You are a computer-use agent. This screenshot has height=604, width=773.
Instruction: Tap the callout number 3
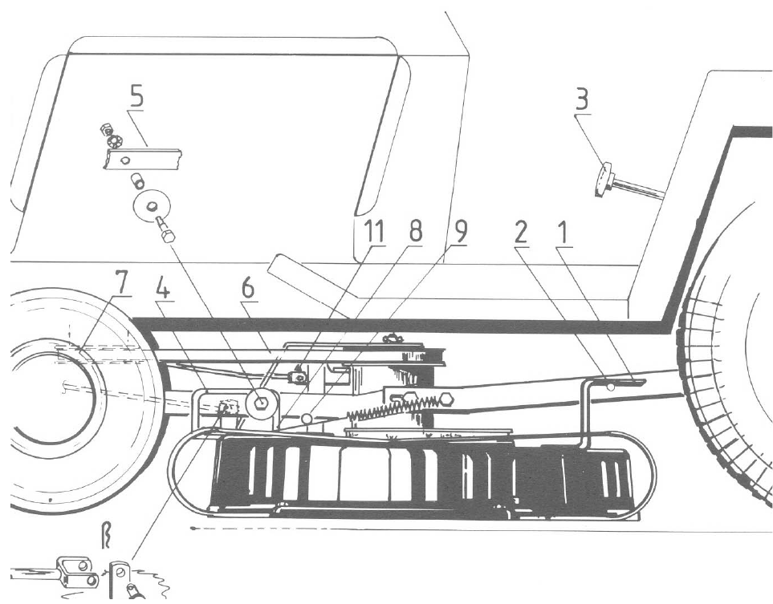[598, 102]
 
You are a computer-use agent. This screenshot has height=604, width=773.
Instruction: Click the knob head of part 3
[603, 181]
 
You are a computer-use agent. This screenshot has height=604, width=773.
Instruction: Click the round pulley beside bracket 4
[260, 403]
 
